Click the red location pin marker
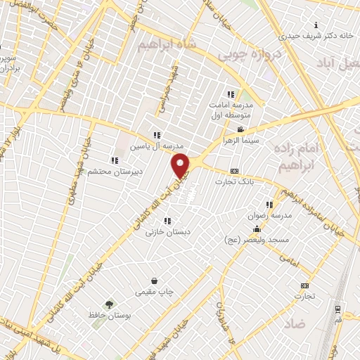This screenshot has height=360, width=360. click(181, 166)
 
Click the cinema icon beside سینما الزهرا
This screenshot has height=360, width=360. click(240, 129)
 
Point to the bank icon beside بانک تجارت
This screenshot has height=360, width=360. click(234, 170)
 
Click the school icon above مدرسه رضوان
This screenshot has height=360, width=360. click(269, 205)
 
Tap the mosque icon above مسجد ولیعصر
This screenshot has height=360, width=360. click(257, 229)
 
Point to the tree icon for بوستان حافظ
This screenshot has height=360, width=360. click(109, 304)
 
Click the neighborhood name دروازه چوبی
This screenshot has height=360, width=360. click(249, 53)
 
